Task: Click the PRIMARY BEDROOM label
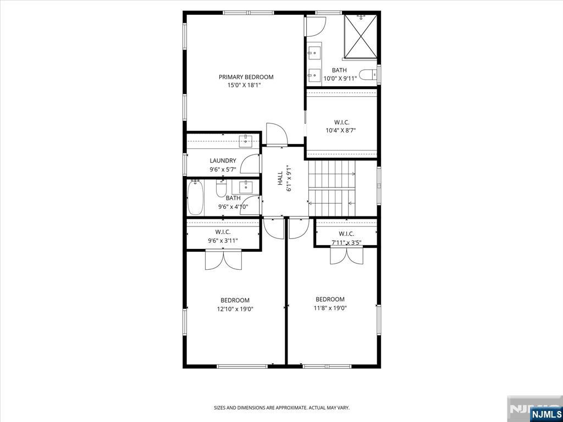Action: (x=246, y=77)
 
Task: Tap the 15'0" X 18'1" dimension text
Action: (x=244, y=85)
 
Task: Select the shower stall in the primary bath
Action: (x=361, y=36)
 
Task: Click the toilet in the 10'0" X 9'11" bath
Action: (x=368, y=74)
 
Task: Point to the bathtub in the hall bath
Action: (x=196, y=198)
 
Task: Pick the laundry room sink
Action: (x=246, y=141)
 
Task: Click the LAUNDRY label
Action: (x=223, y=161)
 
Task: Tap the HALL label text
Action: (x=280, y=178)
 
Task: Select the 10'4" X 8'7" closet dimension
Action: (x=341, y=131)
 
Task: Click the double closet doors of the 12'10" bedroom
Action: (x=223, y=260)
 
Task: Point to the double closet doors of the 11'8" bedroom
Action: (x=346, y=256)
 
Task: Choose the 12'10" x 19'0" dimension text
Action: (x=235, y=309)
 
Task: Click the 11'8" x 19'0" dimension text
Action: (x=330, y=308)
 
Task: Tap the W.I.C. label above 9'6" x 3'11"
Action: (x=223, y=232)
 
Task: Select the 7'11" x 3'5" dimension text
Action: (x=346, y=242)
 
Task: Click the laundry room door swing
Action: (x=250, y=164)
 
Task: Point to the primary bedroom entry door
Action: (x=277, y=135)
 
